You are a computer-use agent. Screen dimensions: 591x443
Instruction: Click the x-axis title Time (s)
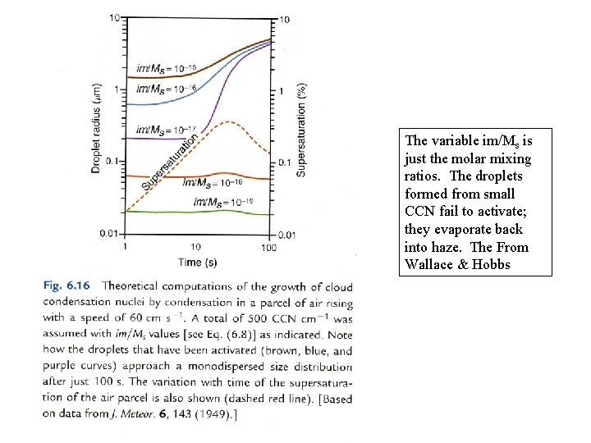[198, 263]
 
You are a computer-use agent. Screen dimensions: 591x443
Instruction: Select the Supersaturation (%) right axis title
[300, 130]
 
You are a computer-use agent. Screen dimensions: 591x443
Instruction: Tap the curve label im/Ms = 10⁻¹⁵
[166, 68]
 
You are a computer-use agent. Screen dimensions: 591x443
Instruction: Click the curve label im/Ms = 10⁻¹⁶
[166, 89]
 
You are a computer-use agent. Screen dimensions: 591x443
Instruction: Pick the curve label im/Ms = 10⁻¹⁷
[166, 130]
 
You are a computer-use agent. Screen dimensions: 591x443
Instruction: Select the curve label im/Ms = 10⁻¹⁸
[213, 183]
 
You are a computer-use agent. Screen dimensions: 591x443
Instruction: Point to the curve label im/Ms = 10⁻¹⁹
[223, 202]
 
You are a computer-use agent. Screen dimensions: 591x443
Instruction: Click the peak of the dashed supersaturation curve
[229, 121]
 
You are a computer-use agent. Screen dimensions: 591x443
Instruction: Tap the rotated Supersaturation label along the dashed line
[170, 162]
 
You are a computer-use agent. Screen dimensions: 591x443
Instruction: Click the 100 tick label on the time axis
[268, 248]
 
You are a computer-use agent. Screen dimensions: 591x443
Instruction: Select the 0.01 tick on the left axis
[109, 234]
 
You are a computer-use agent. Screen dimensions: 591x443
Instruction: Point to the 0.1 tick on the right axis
[285, 162]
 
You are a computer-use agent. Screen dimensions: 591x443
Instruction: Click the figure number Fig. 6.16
[66, 285]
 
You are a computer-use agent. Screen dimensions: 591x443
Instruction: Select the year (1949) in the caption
[216, 414]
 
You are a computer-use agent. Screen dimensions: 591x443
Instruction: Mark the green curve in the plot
[198, 212]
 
